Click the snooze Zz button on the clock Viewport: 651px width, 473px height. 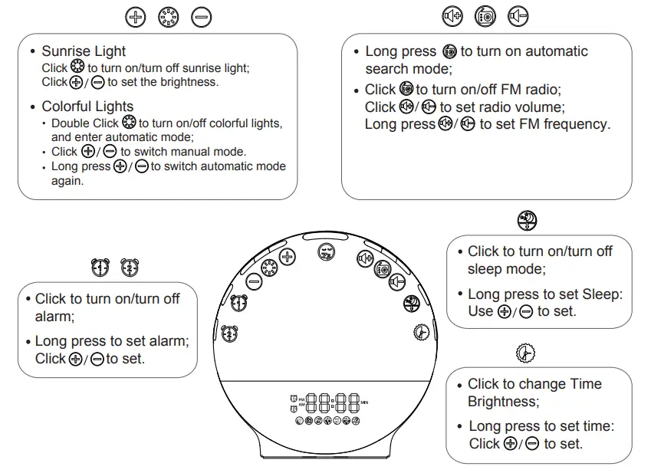326,251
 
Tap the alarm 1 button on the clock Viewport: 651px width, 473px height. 239,304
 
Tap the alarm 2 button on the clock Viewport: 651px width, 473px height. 229,333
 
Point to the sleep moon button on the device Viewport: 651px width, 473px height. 411,302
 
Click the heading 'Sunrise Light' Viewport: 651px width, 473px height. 84,51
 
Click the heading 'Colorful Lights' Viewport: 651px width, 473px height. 87,107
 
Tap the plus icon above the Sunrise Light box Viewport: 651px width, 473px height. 135,16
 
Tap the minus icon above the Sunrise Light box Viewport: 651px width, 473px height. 201,16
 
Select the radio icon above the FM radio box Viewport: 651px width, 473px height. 485,15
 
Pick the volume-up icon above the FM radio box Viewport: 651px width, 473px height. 452,15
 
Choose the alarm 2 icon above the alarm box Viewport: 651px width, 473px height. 130,267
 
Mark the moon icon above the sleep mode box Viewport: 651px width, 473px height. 527,220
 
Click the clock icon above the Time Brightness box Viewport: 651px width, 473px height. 525,353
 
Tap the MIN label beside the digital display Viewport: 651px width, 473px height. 364,402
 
